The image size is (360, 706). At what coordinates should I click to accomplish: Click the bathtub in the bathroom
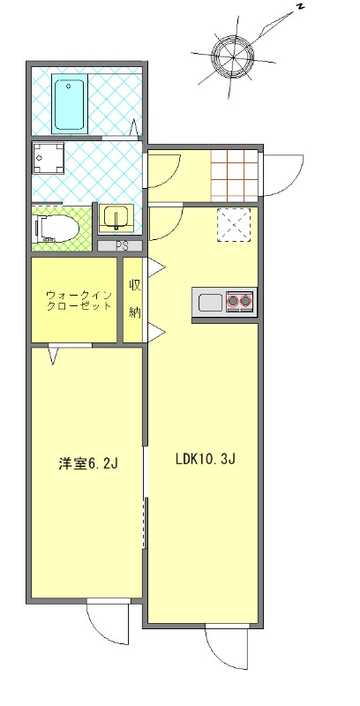click(x=70, y=105)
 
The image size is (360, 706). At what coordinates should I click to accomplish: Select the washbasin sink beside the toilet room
click(x=115, y=217)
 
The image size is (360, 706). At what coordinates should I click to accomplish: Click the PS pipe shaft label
click(x=120, y=246)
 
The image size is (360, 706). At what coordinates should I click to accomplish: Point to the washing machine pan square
click(x=49, y=159)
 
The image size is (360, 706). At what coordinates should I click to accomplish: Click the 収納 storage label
click(x=134, y=297)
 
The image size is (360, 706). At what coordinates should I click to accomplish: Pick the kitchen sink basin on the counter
click(x=210, y=303)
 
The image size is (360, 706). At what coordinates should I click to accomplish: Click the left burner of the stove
click(x=234, y=302)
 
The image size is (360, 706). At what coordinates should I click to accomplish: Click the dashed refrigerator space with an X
click(x=235, y=224)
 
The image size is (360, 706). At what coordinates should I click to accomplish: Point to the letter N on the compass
click(x=300, y=8)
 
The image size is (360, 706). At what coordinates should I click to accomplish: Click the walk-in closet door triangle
click(x=55, y=356)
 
